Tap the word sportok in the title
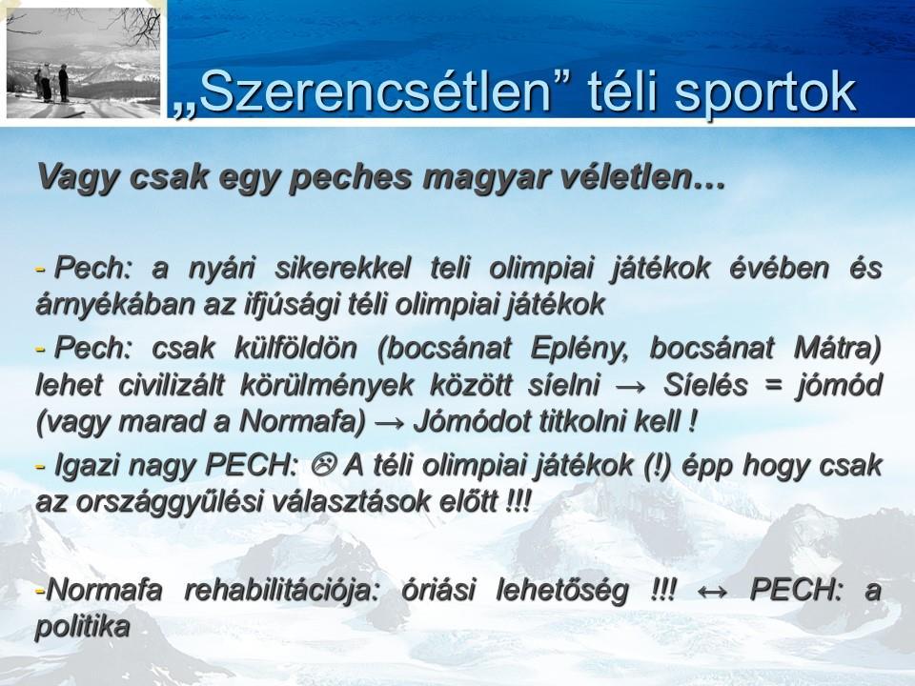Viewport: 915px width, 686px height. [764, 92]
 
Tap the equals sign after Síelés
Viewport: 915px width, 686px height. [772, 386]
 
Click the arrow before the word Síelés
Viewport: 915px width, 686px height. [631, 387]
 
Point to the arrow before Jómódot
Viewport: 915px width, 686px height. [390, 423]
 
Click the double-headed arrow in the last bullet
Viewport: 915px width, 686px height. [713, 591]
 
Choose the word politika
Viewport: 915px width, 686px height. [82, 627]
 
